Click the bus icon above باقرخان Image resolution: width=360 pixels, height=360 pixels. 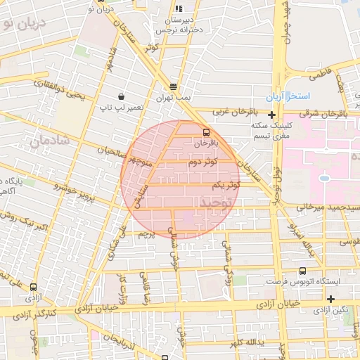tap(206, 131)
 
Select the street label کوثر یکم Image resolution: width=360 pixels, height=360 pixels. tap(226, 184)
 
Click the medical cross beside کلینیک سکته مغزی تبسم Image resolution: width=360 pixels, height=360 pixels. tap(272, 114)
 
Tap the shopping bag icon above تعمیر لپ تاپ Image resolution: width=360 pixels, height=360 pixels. tap(122, 96)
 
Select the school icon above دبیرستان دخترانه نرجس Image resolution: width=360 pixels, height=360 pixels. tap(179, 8)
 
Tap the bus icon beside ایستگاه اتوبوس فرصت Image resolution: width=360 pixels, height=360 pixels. tap(302, 271)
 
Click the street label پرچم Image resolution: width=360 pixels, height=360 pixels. tap(146, 232)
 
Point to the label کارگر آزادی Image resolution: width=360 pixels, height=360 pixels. tap(32, 311)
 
